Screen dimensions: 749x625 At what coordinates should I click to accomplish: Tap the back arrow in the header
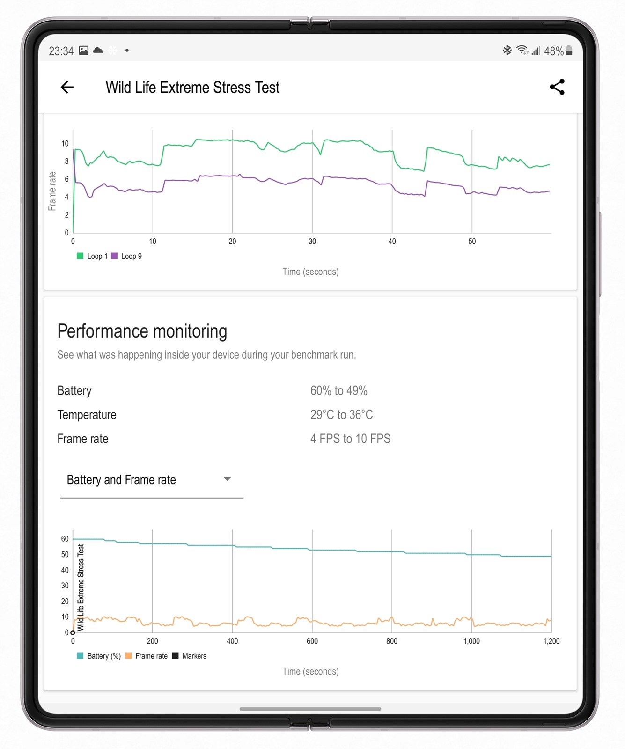click(67, 87)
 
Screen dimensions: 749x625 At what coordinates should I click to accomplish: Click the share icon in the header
click(557, 87)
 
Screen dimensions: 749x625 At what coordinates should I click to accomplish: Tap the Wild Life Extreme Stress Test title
click(192, 88)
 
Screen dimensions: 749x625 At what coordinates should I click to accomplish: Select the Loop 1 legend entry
click(93, 256)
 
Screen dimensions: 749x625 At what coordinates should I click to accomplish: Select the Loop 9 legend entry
click(127, 256)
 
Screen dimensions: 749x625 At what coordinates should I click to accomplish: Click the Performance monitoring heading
click(142, 331)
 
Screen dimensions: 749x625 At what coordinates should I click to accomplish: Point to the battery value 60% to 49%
click(339, 390)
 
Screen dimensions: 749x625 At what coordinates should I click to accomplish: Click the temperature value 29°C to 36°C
click(342, 414)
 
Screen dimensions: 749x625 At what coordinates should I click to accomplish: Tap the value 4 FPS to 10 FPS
click(350, 439)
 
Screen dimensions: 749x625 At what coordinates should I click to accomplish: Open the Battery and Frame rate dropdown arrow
click(228, 479)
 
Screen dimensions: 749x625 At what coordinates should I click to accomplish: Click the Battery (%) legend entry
click(99, 656)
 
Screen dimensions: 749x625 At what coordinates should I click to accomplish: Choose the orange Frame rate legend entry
click(147, 656)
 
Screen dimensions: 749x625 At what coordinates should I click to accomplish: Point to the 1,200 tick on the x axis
click(551, 641)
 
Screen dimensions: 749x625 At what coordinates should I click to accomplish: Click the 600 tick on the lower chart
click(312, 641)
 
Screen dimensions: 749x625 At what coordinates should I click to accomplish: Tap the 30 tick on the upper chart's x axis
click(312, 242)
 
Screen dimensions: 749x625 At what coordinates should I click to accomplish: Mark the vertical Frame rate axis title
click(52, 191)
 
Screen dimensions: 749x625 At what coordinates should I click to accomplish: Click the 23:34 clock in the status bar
click(61, 51)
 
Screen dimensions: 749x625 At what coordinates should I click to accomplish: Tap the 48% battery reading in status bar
click(554, 51)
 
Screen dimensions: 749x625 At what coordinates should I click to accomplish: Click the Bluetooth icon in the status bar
click(507, 50)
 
